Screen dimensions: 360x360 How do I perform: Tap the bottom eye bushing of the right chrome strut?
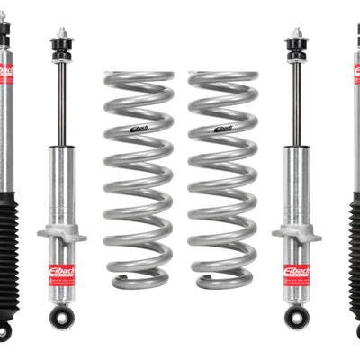[297, 316]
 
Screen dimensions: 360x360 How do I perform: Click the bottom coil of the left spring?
[140, 281]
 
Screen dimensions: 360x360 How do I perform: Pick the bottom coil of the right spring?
[221, 281]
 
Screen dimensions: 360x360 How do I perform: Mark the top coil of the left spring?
[139, 78]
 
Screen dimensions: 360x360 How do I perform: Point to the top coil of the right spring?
[220, 78]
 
